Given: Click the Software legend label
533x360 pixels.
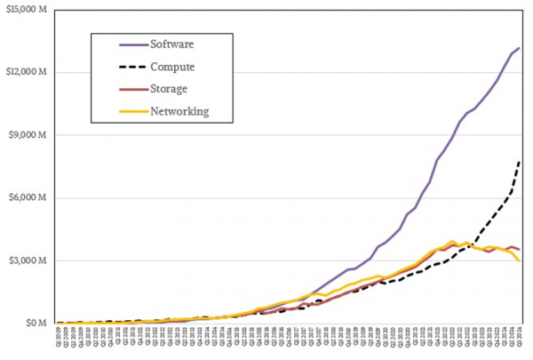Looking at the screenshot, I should pyautogui.click(x=173, y=43).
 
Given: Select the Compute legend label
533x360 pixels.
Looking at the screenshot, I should pyautogui.click(x=175, y=66).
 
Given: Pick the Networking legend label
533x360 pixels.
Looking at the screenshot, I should pyautogui.click(x=180, y=111).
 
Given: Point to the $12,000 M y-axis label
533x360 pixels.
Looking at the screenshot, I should pyautogui.click(x=28, y=72).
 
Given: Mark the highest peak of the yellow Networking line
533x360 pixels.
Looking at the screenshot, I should pyautogui.click(x=454, y=241).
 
